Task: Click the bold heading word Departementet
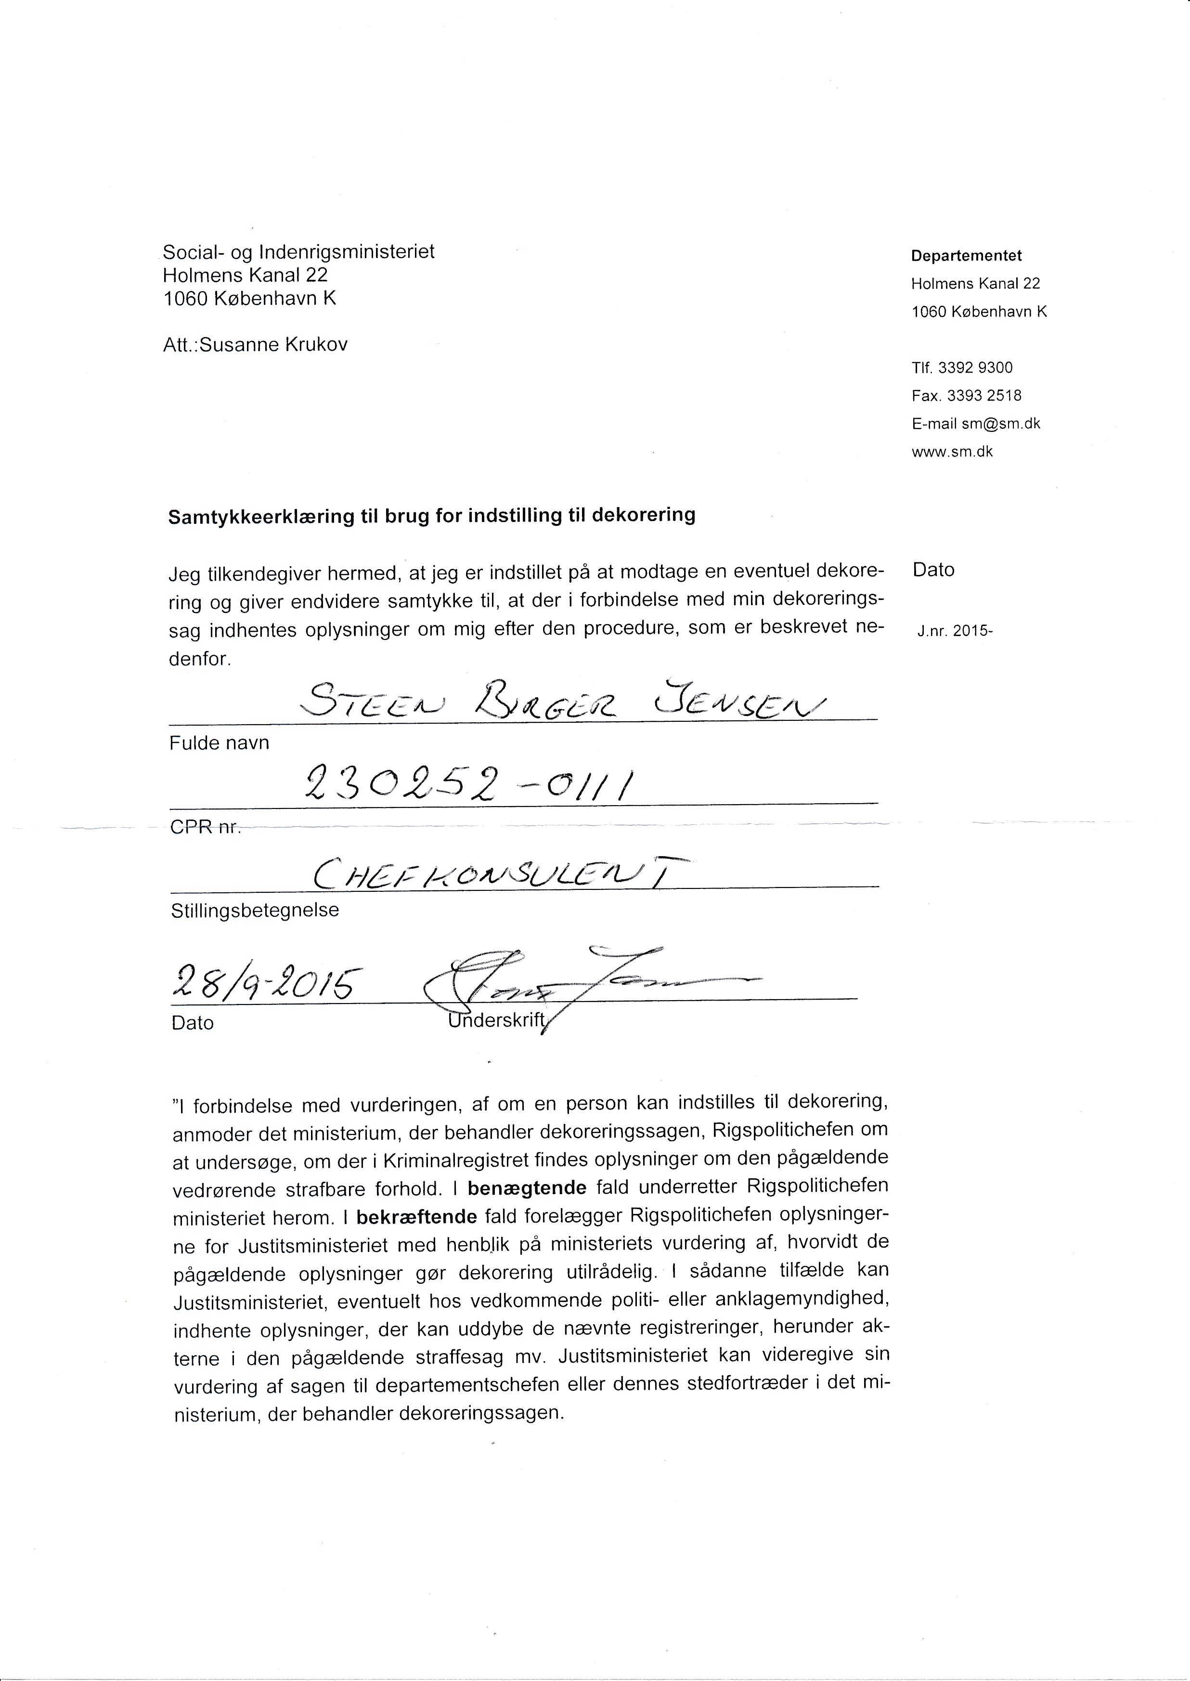(x=966, y=256)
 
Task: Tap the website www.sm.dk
(x=952, y=452)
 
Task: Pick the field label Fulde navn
(x=219, y=743)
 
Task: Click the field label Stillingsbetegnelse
(x=254, y=911)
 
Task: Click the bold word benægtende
(x=527, y=1186)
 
